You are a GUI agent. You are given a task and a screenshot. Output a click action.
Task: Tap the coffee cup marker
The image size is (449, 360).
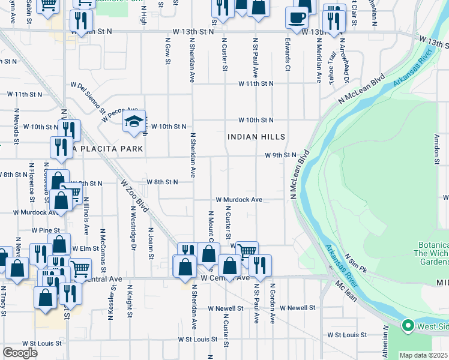pyautogui.click(x=296, y=17)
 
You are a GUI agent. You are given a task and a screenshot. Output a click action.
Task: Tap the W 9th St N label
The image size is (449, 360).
pyautogui.click(x=282, y=155)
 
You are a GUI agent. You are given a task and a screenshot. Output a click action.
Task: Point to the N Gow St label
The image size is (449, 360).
pyautogui.click(x=167, y=49)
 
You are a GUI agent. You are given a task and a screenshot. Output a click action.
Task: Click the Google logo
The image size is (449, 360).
pyautogui.click(x=20, y=353)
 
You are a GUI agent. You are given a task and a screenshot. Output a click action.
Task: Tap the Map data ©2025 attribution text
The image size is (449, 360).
pyautogui.click(x=423, y=355)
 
